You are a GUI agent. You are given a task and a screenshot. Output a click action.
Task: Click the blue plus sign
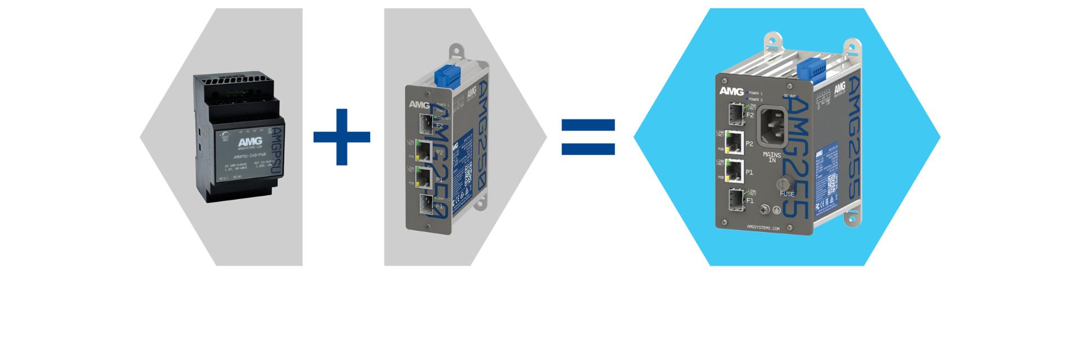(341, 137)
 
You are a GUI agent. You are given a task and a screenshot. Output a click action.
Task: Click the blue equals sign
(588, 137)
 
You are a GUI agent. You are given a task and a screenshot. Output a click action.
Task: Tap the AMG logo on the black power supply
(250, 142)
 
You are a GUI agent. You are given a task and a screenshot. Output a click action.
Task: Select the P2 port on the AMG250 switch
(423, 151)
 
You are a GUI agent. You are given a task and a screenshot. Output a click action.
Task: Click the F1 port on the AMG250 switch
(426, 205)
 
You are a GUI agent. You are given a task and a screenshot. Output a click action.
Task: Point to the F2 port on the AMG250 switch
(425, 123)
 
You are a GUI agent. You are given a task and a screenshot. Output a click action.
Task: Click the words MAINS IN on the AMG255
(772, 157)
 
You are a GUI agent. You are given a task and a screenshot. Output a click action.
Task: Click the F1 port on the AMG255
(735, 200)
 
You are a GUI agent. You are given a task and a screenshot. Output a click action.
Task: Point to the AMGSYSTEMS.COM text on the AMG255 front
(763, 228)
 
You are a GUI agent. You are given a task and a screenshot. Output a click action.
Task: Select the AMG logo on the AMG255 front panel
(731, 91)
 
